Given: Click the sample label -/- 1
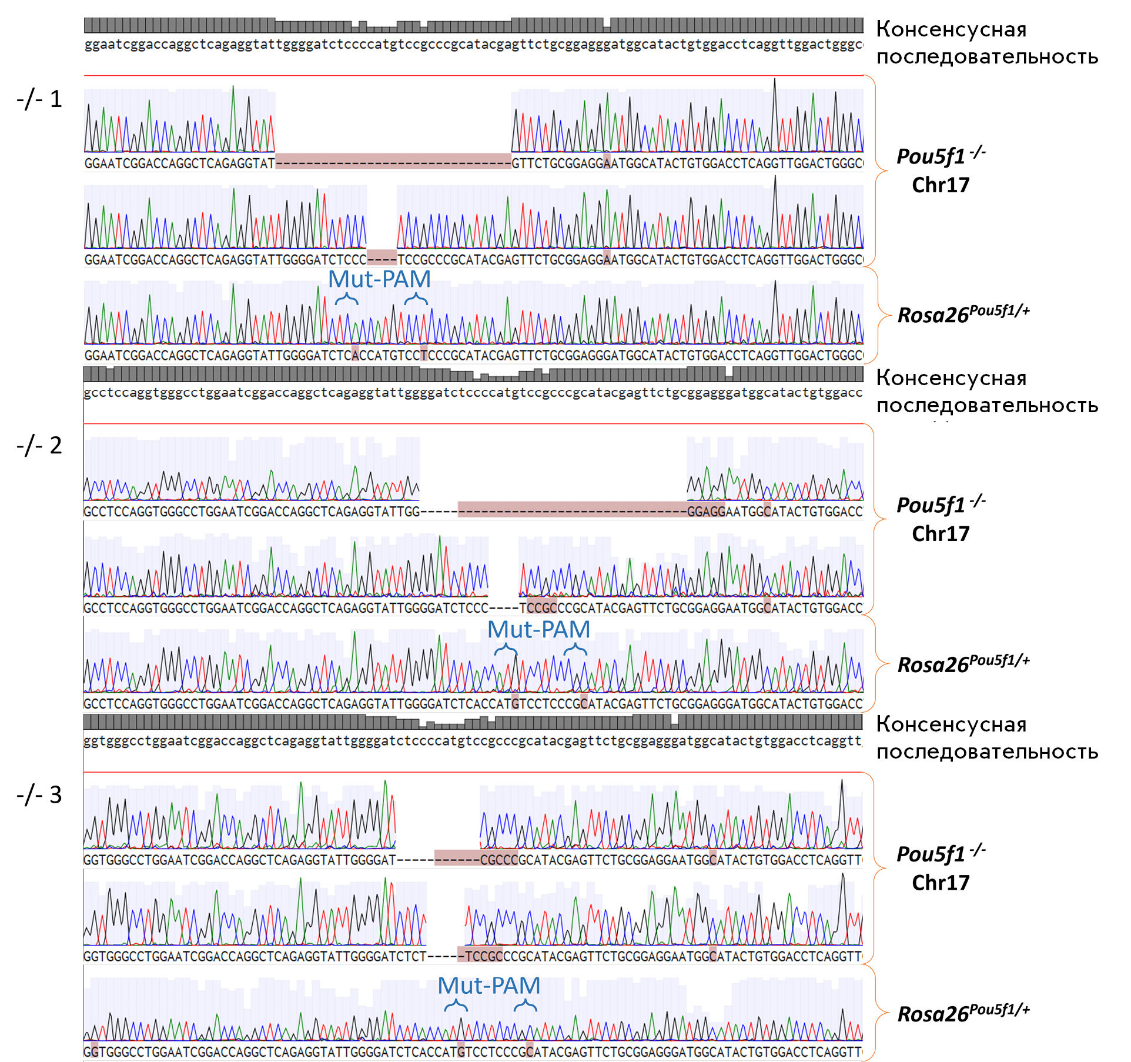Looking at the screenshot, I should (x=39, y=99).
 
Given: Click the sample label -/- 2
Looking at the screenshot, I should (x=39, y=446).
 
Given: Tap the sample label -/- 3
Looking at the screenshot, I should (x=39, y=795).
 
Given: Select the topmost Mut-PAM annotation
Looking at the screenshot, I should (x=379, y=279).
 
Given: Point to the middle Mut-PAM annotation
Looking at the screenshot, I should (x=538, y=630).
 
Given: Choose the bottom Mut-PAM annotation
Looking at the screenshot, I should (x=488, y=986).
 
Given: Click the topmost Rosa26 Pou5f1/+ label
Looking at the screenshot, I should (x=963, y=314).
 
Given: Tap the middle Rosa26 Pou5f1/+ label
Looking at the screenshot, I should (x=963, y=663).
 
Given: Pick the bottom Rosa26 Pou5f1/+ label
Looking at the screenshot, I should (x=963, y=1013).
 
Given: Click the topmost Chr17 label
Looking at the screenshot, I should (x=941, y=185).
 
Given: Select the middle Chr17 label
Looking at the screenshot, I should (x=941, y=534).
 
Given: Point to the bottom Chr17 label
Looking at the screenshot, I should (x=941, y=883).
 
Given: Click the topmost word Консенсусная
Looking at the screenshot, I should (x=951, y=29).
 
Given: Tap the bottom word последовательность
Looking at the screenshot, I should (x=987, y=752).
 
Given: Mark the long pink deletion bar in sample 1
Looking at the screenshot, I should (x=393, y=161).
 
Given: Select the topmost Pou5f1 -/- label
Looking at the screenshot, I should (x=941, y=156).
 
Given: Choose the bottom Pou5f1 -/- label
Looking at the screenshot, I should (x=941, y=853).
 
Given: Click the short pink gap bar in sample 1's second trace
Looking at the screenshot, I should (x=382, y=258).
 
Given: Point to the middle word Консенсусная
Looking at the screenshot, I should (x=951, y=378).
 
